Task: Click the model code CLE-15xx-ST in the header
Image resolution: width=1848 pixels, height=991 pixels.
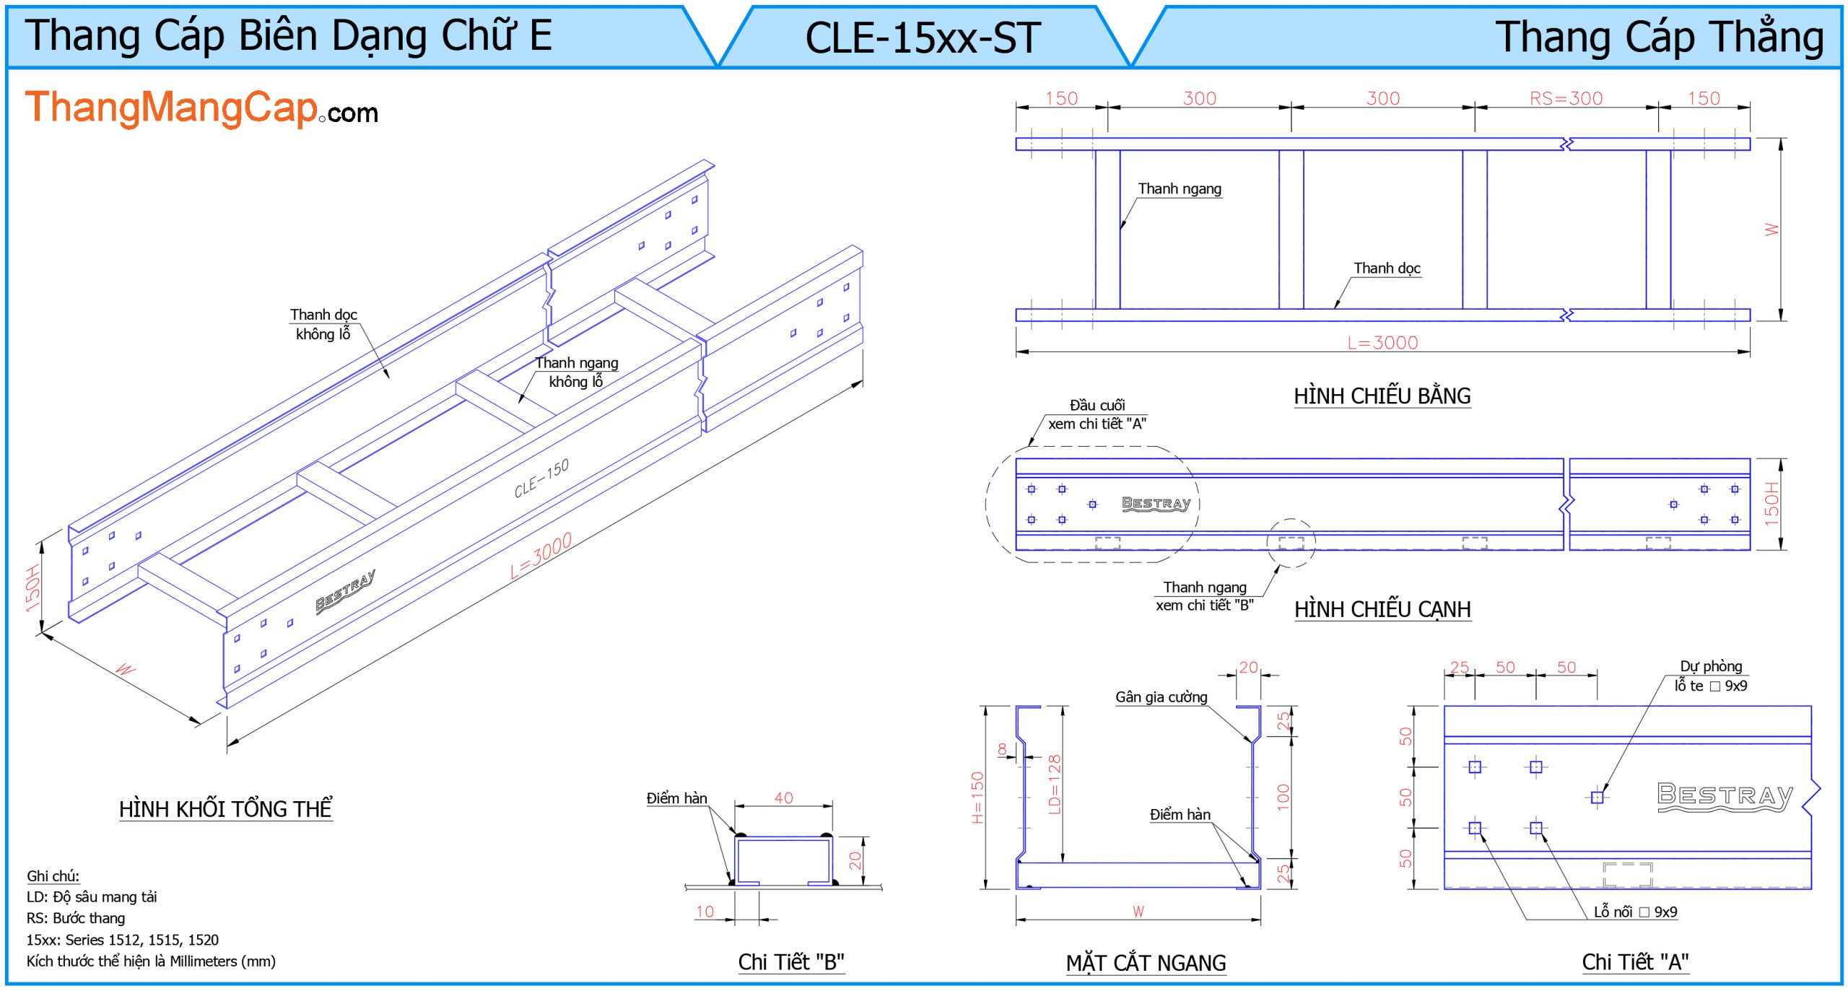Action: (923, 38)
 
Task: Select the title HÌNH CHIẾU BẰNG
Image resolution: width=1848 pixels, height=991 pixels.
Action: (1382, 396)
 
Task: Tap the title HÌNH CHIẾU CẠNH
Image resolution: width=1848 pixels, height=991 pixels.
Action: (1382, 609)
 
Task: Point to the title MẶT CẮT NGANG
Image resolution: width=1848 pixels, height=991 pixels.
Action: (1146, 963)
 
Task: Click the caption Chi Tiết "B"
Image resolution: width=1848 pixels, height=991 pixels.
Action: (790, 962)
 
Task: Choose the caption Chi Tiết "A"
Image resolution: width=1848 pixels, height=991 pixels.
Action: (1635, 962)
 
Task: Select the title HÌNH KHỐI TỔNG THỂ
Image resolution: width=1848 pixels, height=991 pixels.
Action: (225, 809)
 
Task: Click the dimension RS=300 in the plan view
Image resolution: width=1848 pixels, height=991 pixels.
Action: (1566, 98)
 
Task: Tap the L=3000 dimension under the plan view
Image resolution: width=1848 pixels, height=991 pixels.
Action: (1382, 343)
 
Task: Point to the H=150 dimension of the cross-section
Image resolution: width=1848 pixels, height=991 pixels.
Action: (978, 798)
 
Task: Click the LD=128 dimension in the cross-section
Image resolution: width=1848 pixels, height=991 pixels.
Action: (1055, 785)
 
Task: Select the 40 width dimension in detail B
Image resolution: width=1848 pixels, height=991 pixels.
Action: (783, 798)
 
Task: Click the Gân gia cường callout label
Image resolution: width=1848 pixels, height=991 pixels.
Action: (1161, 697)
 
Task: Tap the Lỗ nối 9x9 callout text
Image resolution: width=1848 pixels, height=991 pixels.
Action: (1635, 912)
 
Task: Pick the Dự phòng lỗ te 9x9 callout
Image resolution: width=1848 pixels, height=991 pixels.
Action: (1711, 676)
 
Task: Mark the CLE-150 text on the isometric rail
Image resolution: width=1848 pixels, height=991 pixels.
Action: (541, 479)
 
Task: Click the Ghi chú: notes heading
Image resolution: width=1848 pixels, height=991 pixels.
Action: (53, 876)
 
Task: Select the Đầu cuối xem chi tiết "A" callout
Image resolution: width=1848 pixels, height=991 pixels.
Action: (1097, 415)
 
